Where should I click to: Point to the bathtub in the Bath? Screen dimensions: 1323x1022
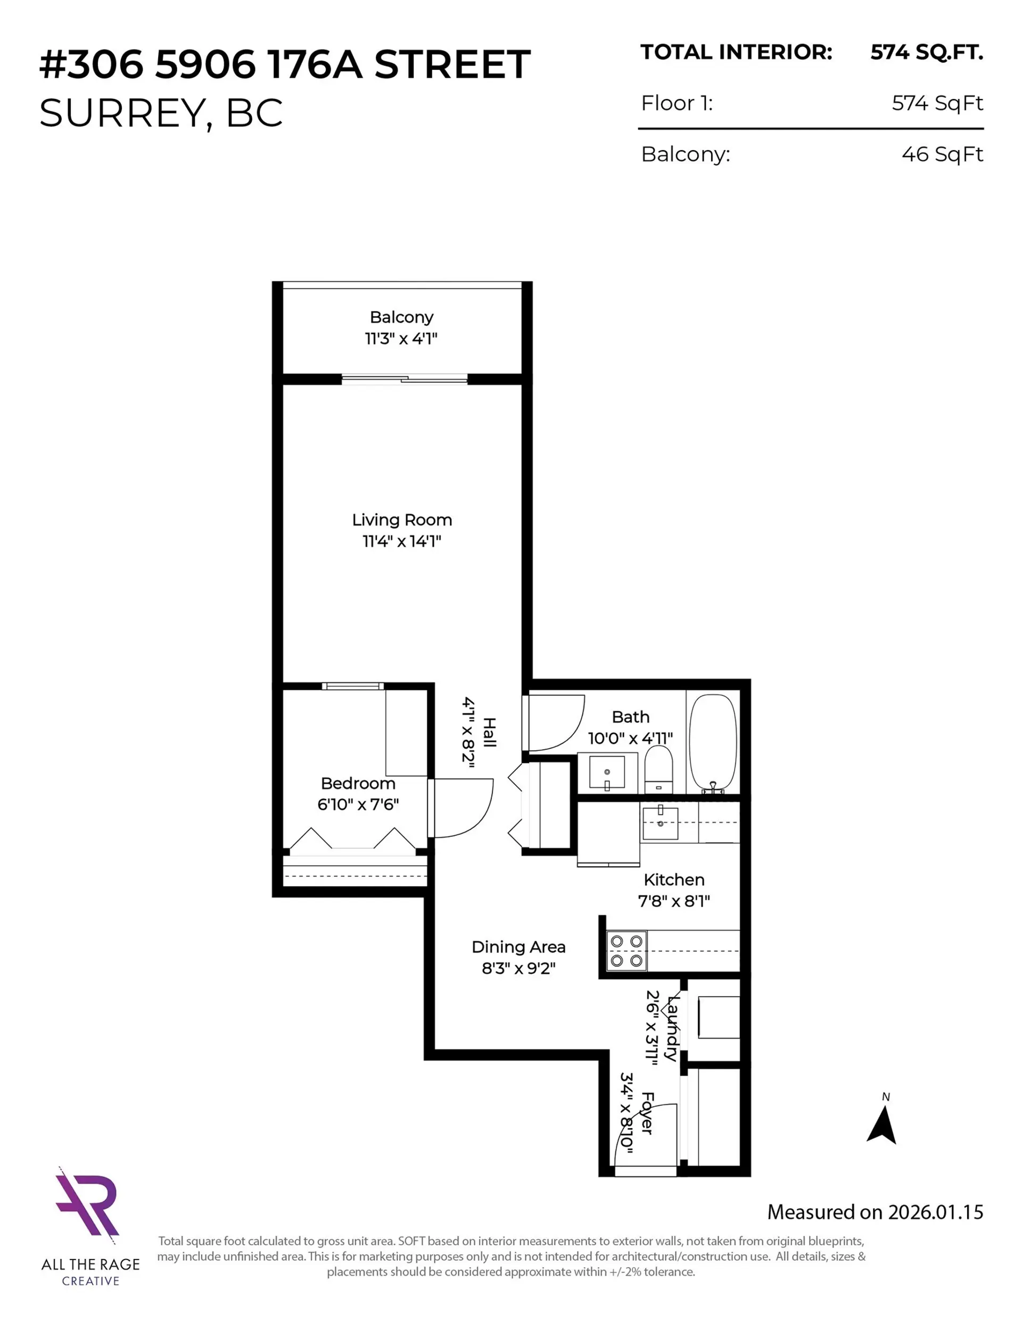coord(713,743)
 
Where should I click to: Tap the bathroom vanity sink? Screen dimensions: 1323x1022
coord(606,772)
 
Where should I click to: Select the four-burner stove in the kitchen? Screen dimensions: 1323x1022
coord(627,951)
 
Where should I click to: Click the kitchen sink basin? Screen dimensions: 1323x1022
coord(660,823)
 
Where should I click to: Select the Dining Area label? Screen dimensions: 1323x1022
coord(518,947)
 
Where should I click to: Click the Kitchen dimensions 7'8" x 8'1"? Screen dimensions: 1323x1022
coord(674,901)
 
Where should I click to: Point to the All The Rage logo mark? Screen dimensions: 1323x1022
coord(88,1203)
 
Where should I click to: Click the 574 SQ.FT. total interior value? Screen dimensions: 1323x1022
coord(926,53)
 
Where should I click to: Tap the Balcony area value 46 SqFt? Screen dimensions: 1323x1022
coord(942,154)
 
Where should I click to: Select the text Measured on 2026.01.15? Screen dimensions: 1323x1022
coord(875,1212)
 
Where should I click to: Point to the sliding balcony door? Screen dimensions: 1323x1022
coord(405,380)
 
